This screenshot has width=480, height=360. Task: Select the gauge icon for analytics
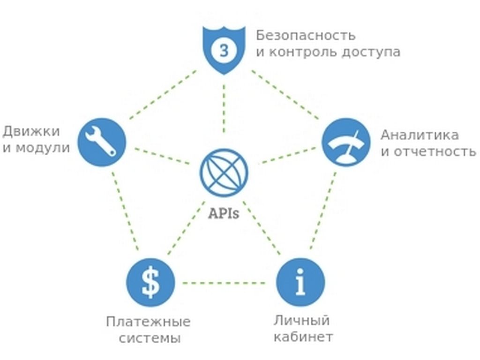(346, 142)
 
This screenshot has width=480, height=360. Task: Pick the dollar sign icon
(150, 283)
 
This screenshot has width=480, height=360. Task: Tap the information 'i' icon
(300, 283)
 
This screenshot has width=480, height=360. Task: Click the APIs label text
(224, 214)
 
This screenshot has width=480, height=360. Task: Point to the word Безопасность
(306, 36)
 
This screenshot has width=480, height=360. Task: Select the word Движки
(30, 132)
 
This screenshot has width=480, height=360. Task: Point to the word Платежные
(148, 322)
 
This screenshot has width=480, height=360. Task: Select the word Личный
(301, 321)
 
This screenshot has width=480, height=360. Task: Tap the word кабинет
(303, 337)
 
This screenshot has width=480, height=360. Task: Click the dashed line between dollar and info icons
(225, 283)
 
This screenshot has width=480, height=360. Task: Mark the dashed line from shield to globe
(224, 108)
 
